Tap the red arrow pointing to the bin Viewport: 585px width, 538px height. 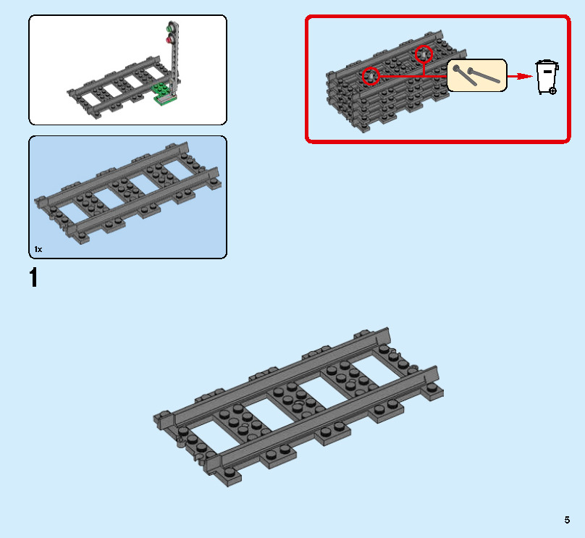click(518, 75)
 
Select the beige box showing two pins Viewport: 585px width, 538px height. click(476, 75)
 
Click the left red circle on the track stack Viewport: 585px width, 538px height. click(370, 75)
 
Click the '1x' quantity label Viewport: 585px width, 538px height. click(38, 249)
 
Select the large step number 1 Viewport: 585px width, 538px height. click(33, 278)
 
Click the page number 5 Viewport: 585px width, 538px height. click(568, 519)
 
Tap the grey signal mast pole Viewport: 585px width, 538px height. click(175, 62)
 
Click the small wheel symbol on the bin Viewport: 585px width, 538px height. click(553, 91)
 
